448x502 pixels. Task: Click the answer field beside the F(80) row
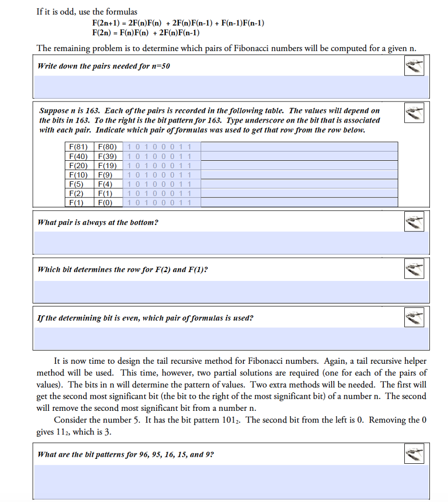click(299, 147)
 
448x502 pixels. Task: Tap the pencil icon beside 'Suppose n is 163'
click(414, 114)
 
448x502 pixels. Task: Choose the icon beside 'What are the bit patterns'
click(414, 454)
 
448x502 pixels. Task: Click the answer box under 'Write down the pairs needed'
click(231, 87)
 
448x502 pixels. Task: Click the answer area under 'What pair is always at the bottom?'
click(231, 243)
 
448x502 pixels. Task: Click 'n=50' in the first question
click(160, 66)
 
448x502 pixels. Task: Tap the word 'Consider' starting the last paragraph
click(70, 420)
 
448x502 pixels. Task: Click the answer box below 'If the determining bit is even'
click(231, 338)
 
